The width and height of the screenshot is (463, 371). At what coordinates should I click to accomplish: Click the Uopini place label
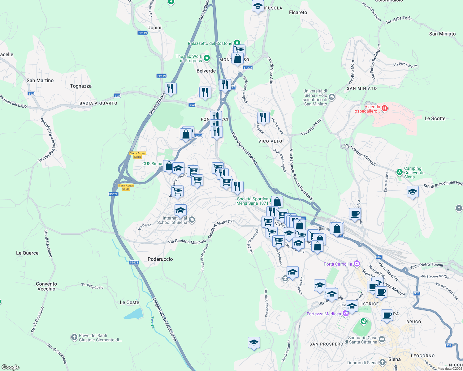tap(154, 28)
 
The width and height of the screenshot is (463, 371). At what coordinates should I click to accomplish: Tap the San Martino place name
tap(40, 80)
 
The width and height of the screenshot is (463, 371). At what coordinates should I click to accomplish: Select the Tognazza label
tap(81, 86)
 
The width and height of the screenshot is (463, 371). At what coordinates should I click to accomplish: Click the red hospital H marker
tap(384, 108)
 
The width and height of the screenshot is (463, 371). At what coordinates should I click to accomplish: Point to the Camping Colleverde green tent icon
tap(400, 172)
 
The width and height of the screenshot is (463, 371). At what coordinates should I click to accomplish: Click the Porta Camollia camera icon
tap(357, 264)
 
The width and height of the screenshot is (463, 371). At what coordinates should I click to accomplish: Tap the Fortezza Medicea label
tap(324, 314)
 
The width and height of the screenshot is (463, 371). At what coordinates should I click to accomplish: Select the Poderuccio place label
tap(160, 259)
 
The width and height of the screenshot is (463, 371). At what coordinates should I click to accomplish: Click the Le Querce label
tap(27, 253)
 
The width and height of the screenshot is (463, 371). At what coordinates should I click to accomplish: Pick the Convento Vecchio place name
tap(46, 286)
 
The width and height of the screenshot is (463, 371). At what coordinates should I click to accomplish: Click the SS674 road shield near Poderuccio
tap(134, 262)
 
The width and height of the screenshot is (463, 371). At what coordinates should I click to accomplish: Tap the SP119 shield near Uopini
tap(143, 33)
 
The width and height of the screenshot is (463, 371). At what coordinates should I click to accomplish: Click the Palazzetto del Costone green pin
tap(237, 43)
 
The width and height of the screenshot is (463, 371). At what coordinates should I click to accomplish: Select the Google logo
tap(11, 367)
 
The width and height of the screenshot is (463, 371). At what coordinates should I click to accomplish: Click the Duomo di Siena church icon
tap(383, 362)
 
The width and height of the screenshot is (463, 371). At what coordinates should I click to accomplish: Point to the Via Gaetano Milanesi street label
tap(187, 241)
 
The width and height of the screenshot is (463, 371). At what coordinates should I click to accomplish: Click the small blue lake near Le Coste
tap(134, 314)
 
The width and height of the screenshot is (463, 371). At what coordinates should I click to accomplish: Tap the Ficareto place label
tap(298, 12)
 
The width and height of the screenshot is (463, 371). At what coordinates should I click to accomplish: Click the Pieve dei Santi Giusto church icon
tap(74, 337)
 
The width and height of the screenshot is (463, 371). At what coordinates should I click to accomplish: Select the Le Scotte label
tap(435, 118)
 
